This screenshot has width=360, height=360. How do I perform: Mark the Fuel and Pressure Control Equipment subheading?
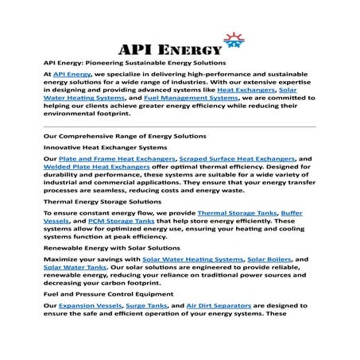coord(105,293)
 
